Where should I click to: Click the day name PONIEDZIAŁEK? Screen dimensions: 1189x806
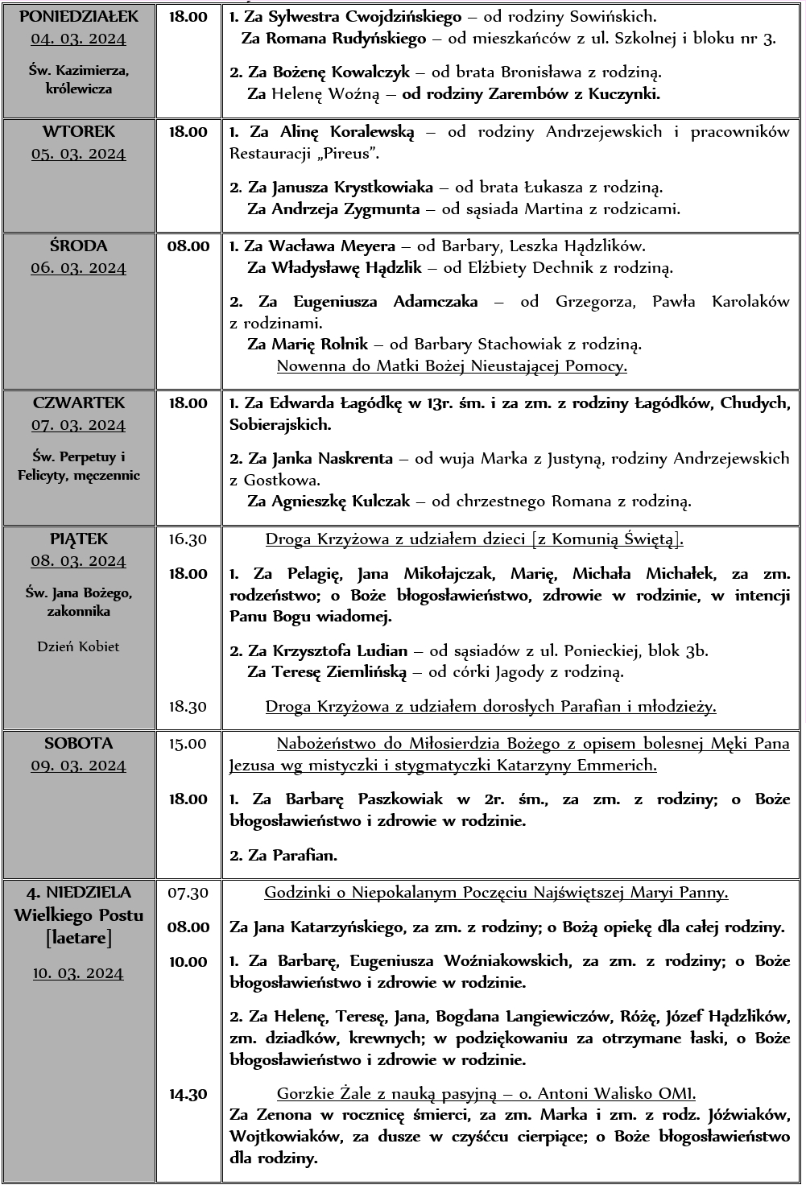click(79, 16)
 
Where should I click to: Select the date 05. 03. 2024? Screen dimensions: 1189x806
click(79, 154)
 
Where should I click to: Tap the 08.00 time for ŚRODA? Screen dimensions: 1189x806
click(188, 246)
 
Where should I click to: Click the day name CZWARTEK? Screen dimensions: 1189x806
click(79, 403)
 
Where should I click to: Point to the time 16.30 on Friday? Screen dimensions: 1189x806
click(188, 539)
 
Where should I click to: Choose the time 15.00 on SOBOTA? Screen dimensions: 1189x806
click(188, 744)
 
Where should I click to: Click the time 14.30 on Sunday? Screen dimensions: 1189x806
click(188, 1094)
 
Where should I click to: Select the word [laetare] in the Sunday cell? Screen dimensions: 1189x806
click(79, 938)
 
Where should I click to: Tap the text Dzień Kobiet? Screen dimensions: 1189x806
click(79, 646)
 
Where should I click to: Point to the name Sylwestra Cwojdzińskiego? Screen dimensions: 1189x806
click(365, 16)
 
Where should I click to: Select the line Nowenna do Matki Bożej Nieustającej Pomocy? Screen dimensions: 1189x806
click(452, 366)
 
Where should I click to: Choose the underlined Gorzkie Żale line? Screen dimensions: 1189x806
click(486, 1093)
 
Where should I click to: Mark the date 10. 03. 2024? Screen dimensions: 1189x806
click(79, 973)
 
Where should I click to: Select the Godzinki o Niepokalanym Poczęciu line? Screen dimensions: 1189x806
click(496, 892)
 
